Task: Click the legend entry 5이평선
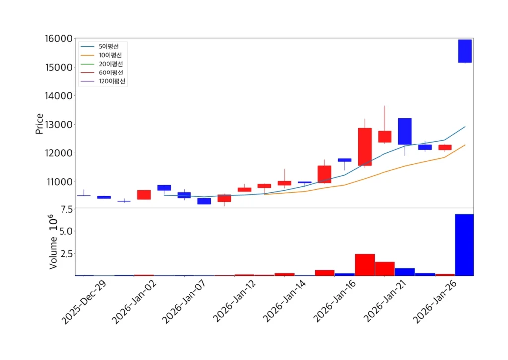(x=108, y=46)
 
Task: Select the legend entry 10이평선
(x=110, y=55)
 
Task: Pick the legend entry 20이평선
(x=110, y=64)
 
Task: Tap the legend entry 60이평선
(x=110, y=72)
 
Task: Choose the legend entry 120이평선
(x=111, y=81)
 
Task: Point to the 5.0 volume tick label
(x=66, y=231)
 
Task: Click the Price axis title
(x=39, y=124)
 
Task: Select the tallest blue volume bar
(x=464, y=244)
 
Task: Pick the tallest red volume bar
(x=365, y=264)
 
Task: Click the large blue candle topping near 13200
(x=405, y=131)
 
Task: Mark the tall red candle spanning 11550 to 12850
(x=365, y=146)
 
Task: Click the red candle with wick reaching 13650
(x=385, y=136)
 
